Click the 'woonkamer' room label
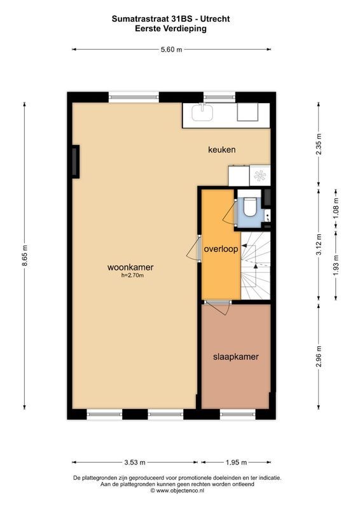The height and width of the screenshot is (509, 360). click(130, 267)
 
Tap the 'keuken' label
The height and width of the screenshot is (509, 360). click(222, 150)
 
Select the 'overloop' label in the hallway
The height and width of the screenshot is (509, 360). click(221, 249)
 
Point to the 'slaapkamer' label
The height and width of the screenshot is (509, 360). click(235, 357)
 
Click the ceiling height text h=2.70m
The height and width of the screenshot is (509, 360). click(132, 275)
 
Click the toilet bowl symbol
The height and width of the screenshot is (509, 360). click(249, 207)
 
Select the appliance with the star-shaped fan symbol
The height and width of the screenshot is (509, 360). click(261, 176)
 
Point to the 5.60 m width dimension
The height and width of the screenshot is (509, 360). click(170, 49)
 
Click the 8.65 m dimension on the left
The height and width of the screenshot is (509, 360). click(25, 257)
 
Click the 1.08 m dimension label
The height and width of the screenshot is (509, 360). click(335, 207)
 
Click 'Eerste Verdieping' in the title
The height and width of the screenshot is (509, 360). click(170, 29)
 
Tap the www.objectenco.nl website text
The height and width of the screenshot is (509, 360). click(179, 491)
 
